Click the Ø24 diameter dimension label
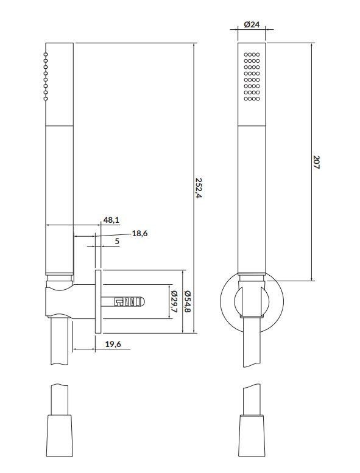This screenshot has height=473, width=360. tap(252, 24)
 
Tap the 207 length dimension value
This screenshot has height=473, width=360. tap(316, 162)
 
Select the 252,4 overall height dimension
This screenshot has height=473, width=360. tap(199, 187)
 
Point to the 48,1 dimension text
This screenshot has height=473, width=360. tap(111, 220)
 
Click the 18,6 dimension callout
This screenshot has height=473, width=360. tap(139, 233)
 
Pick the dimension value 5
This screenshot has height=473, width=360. tap(117, 241)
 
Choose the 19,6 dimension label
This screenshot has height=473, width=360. tap(113, 344)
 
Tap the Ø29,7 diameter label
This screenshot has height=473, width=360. tap(174, 301)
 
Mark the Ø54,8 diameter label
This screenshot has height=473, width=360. tap(188, 301)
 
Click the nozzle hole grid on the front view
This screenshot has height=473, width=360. tap(252, 77)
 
